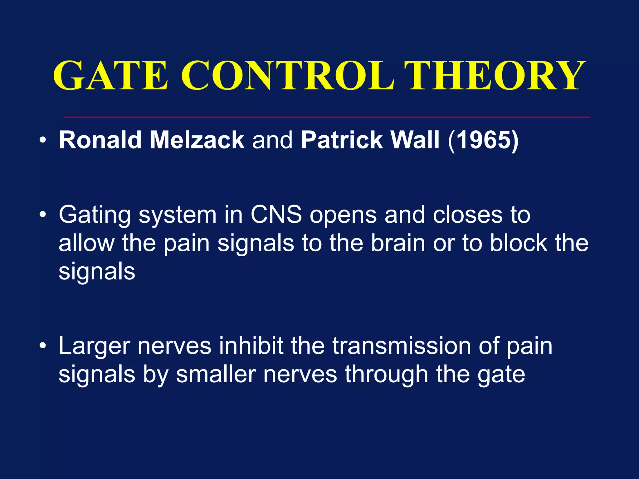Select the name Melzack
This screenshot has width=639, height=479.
click(197, 140)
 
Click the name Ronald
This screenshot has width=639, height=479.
click(100, 140)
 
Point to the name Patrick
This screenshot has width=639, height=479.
click(342, 140)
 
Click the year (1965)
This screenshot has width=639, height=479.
click(483, 140)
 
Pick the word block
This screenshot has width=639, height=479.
click(518, 243)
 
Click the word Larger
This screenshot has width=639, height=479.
click(94, 346)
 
